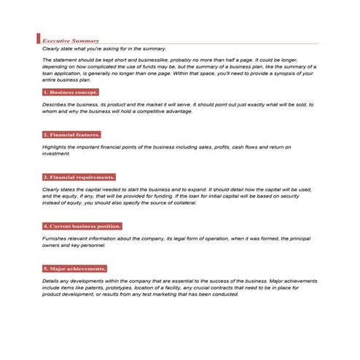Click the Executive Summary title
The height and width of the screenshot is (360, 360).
[71, 41]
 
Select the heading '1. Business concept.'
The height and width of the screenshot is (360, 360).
[70, 93]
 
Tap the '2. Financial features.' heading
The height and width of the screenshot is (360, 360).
[71, 135]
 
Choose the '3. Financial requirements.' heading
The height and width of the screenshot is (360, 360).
[79, 177]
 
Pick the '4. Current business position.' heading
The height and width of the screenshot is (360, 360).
[82, 227]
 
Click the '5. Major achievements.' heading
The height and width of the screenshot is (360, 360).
[74, 269]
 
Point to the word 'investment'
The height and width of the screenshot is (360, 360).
[56, 153]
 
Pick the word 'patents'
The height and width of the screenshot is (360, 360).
[111, 287]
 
